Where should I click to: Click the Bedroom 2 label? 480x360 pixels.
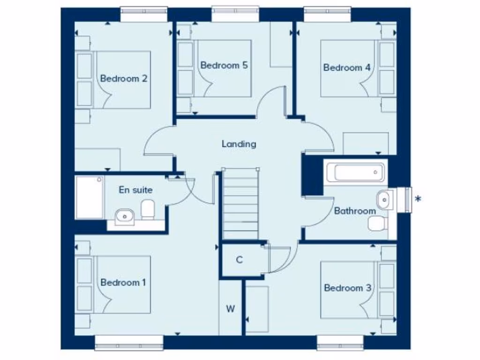tap(124, 78)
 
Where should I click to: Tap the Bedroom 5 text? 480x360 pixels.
tap(224, 65)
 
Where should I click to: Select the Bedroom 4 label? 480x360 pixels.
tap(347, 67)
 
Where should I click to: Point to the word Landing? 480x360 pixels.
tap(239, 144)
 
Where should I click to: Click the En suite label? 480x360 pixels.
tap(135, 190)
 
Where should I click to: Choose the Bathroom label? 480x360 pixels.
tap(355, 211)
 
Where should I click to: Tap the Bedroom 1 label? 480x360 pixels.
tap(123, 282)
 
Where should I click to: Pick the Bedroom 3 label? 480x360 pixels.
tap(347, 288)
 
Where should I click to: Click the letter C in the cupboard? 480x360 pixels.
tap(239, 260)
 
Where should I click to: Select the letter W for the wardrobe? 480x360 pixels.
tap(230, 309)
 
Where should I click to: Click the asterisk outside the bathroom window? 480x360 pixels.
tap(418, 199)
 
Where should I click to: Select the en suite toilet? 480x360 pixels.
tap(148, 209)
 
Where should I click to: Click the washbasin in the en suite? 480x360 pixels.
tap(125, 216)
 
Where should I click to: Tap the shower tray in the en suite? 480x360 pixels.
tap(89, 197)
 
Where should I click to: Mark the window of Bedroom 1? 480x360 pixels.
tap(129, 343)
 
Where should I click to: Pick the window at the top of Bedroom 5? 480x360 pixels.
tap(235, 14)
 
